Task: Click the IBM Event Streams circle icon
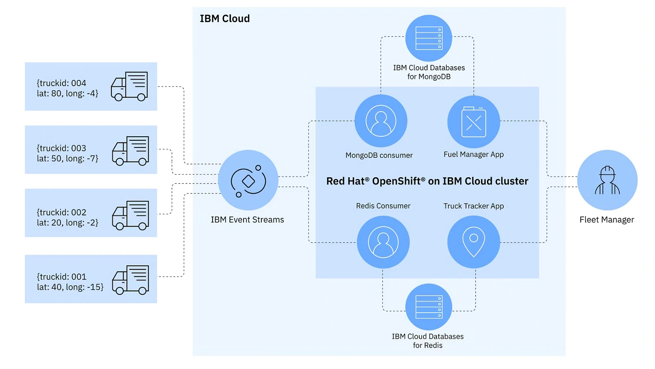[248, 180]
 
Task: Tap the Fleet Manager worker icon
[607, 180]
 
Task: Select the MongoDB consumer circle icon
[381, 121]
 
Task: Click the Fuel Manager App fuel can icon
[473, 122]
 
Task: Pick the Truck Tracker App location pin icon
[473, 242]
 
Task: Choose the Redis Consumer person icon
[383, 242]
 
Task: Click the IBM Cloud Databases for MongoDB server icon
[429, 38]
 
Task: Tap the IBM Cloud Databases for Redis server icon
[429, 307]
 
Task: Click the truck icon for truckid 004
[129, 86]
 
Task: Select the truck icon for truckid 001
[131, 280]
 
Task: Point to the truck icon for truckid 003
[131, 150]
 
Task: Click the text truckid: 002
[62, 212]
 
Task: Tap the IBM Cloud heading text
[225, 19]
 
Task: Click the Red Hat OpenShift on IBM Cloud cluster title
[427, 181]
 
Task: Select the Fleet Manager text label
[607, 220]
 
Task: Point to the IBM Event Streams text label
[247, 220]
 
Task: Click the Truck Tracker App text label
[473, 206]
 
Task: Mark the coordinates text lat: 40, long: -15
[70, 287]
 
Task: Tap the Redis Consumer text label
[383, 206]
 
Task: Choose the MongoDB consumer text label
[379, 155]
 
